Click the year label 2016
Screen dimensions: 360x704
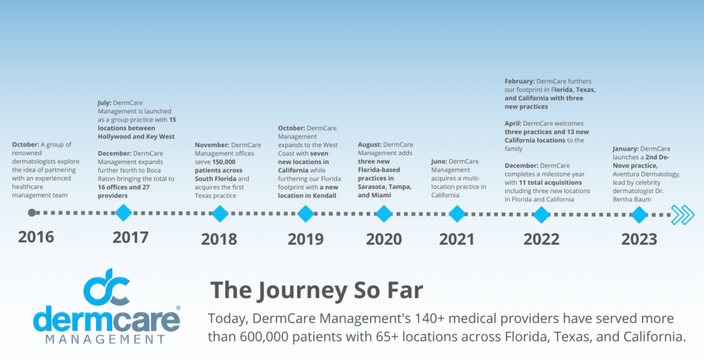36,238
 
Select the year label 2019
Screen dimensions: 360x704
306,239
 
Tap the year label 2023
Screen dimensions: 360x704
639,239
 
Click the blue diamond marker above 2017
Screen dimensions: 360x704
123,213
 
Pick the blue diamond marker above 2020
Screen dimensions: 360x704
384,214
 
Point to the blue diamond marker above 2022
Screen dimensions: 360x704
541,214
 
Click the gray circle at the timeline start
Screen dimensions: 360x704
32,213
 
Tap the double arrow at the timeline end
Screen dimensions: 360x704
683,214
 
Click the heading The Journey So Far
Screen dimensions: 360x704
316,289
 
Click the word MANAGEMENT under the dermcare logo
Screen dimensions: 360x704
107,339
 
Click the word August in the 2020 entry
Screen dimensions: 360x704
369,144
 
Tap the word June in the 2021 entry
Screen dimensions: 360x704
439,161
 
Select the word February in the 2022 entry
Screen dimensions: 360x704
520,81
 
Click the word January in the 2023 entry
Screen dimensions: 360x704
626,148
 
